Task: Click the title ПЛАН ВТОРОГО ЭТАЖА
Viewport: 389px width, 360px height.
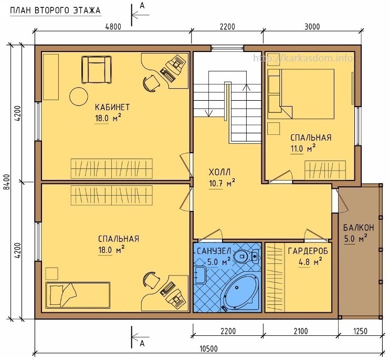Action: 55,10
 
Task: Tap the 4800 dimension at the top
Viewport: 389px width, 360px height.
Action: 113,27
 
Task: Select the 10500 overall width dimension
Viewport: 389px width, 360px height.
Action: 208,349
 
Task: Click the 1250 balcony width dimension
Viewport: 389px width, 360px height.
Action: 360,331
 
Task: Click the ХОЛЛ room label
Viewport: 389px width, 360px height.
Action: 219,172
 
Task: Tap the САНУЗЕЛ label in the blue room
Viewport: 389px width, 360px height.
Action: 214,251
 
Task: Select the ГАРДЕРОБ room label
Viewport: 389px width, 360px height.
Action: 308,251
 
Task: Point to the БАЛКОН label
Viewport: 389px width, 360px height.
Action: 359,228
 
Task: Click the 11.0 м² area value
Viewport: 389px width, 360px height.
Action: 303,149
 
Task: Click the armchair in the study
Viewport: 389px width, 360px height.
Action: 97,70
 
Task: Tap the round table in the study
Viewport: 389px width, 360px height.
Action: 79,97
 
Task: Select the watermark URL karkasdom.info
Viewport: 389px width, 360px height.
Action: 303,58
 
